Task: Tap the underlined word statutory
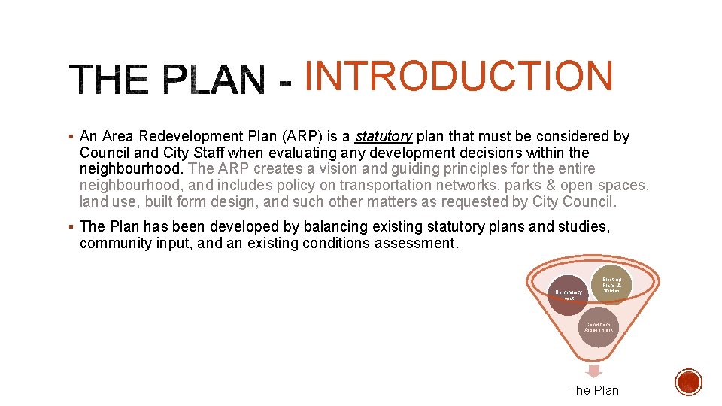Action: (383, 136)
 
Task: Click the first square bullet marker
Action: (70, 137)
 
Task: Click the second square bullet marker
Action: (70, 226)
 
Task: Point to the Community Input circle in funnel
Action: (569, 295)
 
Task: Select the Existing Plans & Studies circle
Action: (613, 286)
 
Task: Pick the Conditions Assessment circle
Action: (598, 327)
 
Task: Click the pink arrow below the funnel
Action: (594, 371)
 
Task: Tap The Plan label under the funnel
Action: (593, 390)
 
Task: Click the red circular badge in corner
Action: (688, 383)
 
